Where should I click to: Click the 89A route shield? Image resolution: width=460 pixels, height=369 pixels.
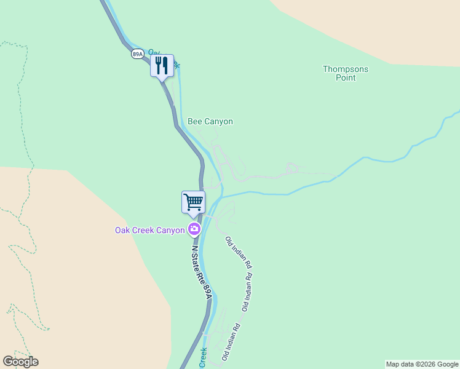point(137,54)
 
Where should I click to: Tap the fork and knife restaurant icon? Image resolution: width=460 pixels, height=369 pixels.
point(162,65)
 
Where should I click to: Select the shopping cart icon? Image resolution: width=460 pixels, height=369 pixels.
point(193,201)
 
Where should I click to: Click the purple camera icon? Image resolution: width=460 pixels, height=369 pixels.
point(194,230)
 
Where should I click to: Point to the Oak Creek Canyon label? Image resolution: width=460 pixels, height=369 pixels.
point(150,231)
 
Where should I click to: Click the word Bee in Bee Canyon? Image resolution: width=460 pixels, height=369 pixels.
point(195,122)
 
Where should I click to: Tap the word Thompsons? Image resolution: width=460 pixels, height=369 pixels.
point(346,69)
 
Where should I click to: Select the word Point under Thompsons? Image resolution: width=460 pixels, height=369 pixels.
point(346,78)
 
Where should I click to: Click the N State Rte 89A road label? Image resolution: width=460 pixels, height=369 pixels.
point(202,271)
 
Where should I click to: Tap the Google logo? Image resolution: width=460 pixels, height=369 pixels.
point(20,362)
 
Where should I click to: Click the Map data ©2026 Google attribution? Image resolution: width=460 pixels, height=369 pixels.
point(422,364)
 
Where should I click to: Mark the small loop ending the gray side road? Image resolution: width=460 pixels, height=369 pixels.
point(293,167)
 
